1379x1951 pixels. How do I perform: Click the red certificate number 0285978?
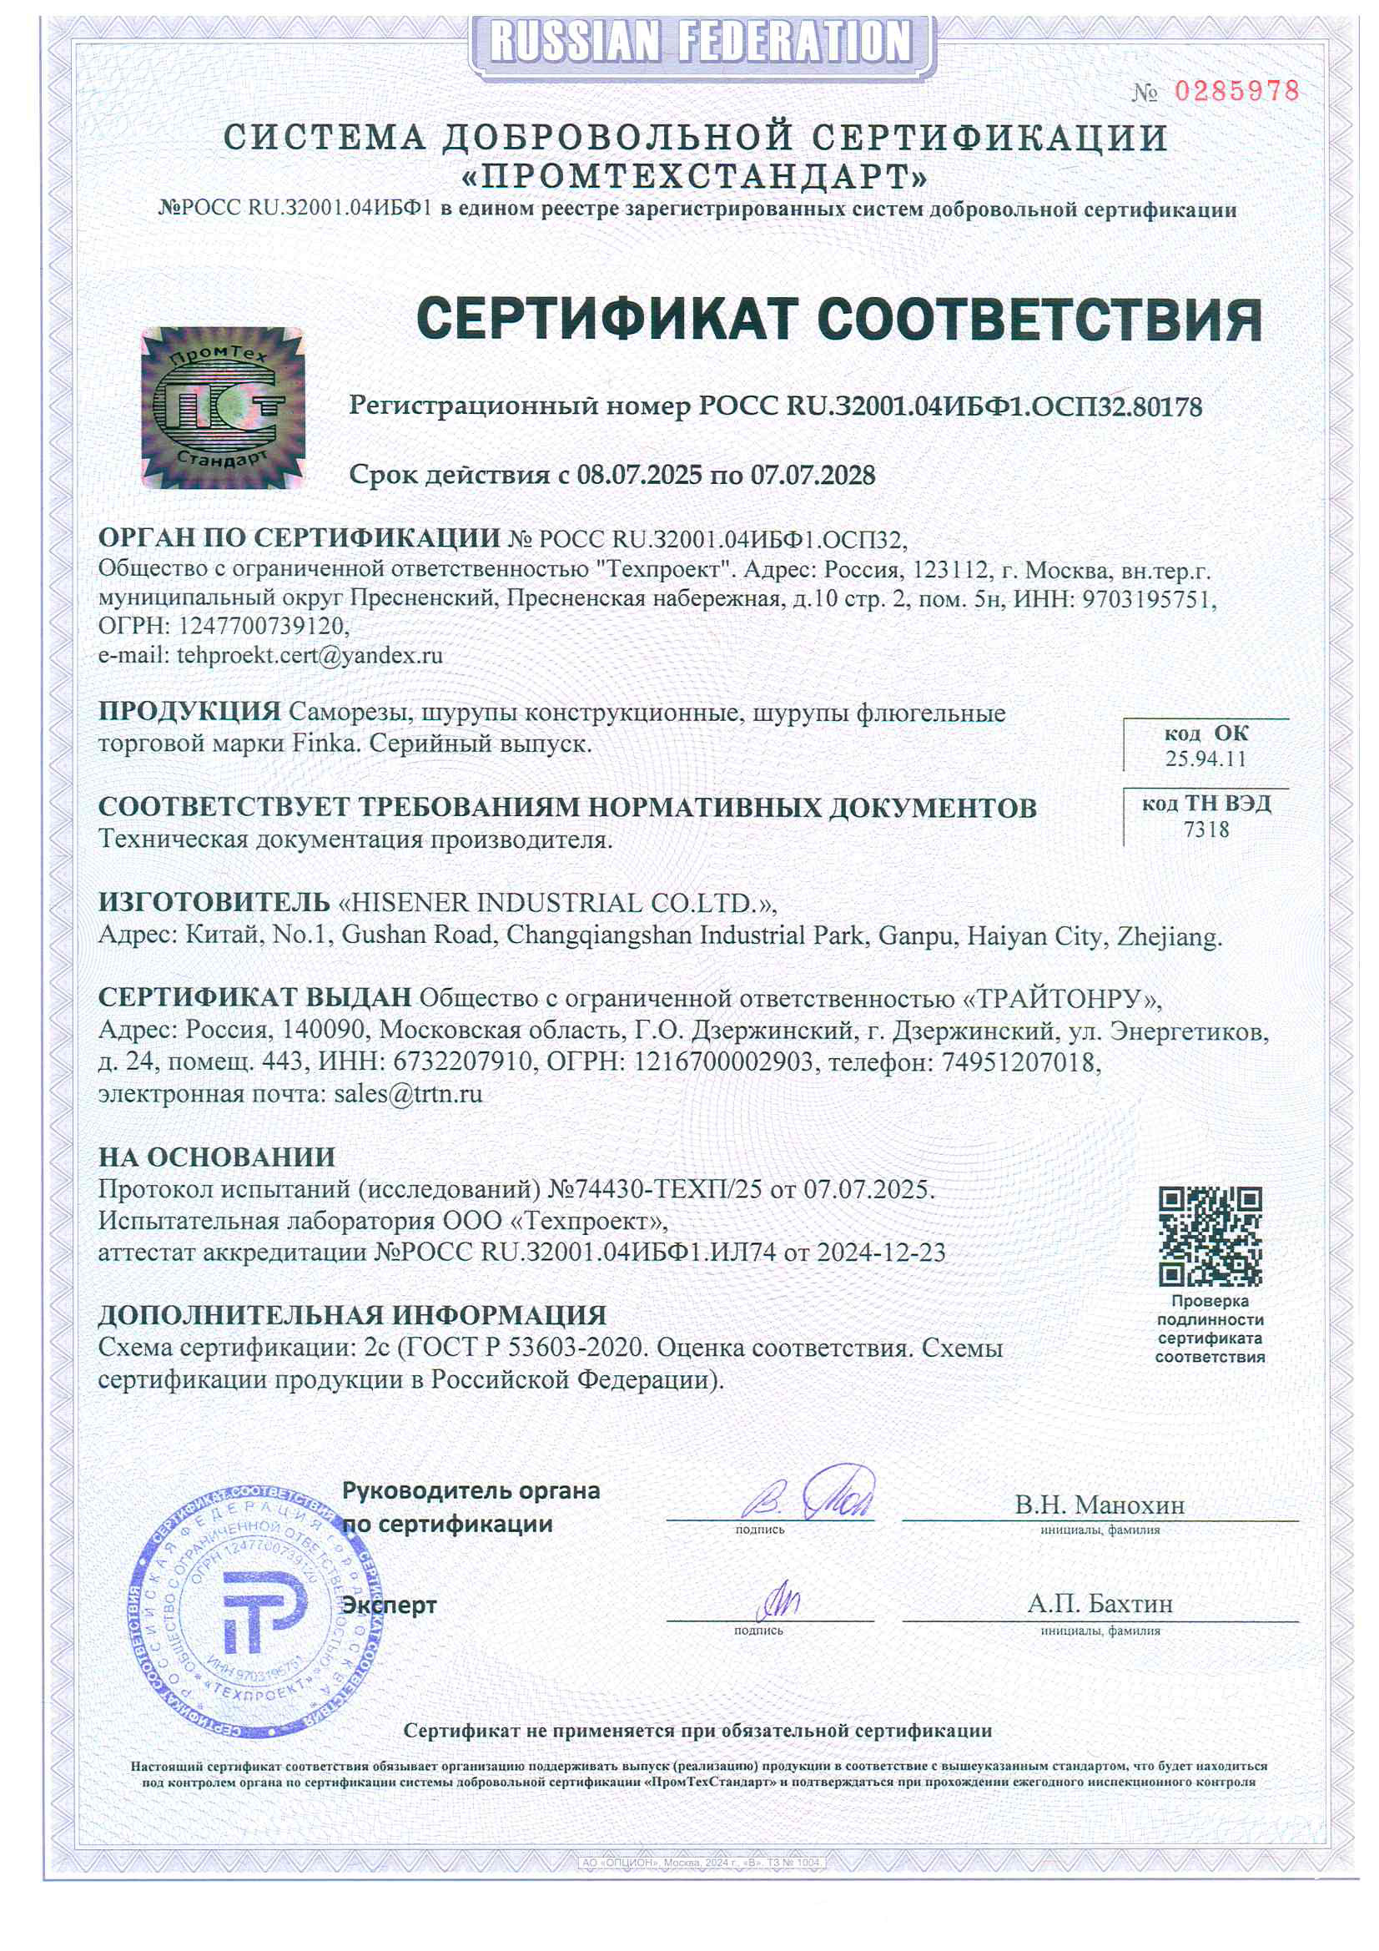coord(1236,92)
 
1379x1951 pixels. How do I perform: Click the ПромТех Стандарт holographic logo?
coord(223,407)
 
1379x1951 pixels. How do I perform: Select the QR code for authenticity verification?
coord(1210,1237)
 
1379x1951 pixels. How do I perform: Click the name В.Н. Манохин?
coord(1100,1505)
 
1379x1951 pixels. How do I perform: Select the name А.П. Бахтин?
coord(1100,1605)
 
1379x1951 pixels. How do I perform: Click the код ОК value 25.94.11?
coord(1205,759)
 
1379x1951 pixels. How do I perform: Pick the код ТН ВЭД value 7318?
coord(1205,829)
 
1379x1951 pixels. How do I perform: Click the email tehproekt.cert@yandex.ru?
coord(310,655)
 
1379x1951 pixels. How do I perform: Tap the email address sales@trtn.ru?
coord(408,1094)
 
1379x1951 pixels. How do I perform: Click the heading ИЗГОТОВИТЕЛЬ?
coord(214,901)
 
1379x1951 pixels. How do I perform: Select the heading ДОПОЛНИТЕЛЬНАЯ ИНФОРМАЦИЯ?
coord(352,1314)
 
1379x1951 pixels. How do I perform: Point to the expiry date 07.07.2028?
coord(813,475)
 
